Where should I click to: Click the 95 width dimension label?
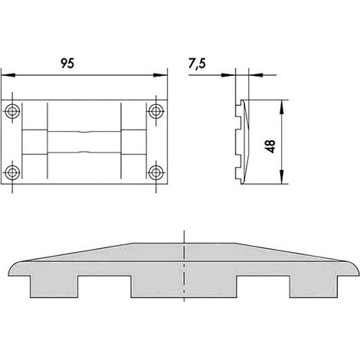(x=67, y=64)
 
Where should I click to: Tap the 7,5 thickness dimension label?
(x=197, y=64)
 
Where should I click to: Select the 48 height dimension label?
(x=270, y=146)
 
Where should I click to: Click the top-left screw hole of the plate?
(x=12, y=111)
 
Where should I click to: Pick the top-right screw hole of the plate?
(x=156, y=111)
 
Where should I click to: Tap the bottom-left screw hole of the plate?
(x=12, y=172)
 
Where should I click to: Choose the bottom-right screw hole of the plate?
(x=156, y=172)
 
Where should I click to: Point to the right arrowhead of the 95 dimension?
(x=161, y=75)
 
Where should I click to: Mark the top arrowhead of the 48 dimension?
(x=281, y=106)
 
